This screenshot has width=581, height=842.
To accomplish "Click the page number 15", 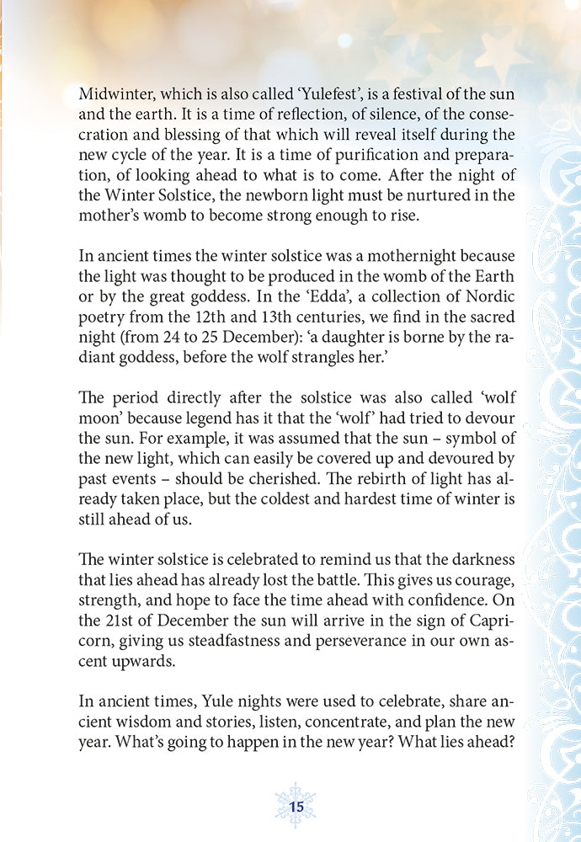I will click(296, 807).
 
